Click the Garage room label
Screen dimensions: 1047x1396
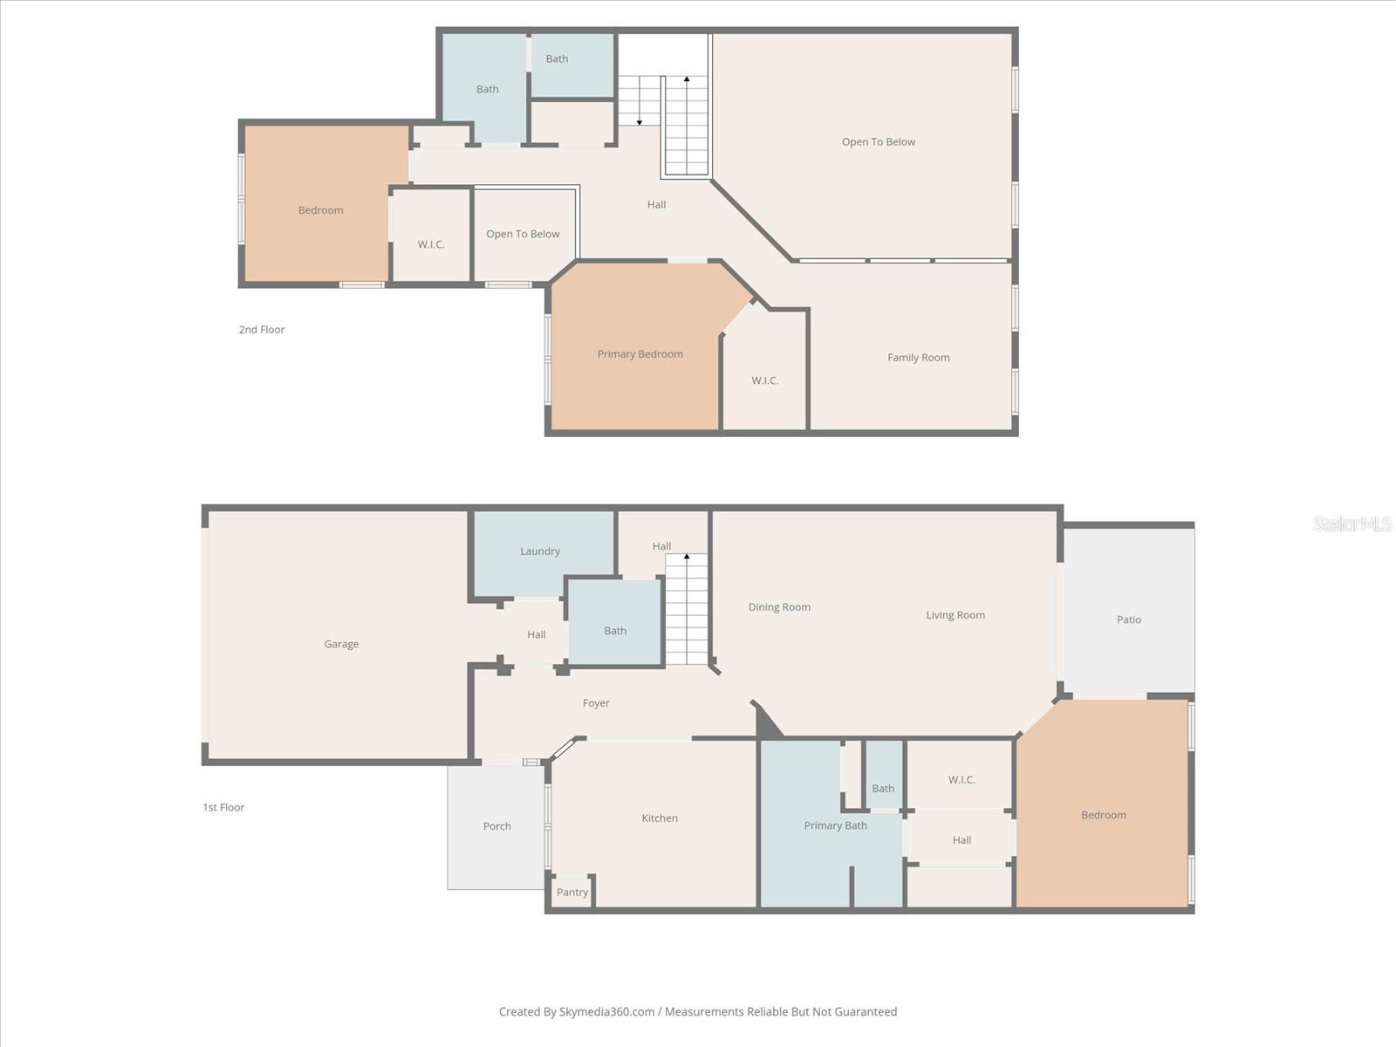click(341, 644)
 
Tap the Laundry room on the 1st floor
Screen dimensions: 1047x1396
click(540, 551)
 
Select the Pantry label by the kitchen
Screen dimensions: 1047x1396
click(572, 892)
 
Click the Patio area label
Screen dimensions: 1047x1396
click(1128, 619)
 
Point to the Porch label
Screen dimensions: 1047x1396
click(496, 825)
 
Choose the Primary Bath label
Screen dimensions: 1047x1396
click(835, 825)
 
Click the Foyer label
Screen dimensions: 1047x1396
click(596, 702)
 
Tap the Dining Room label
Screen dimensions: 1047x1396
click(779, 607)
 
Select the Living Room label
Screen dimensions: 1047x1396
click(955, 615)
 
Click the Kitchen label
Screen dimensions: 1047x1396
click(660, 818)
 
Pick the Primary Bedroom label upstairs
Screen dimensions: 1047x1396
click(640, 353)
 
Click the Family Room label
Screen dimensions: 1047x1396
click(918, 357)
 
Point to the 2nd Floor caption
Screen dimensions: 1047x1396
click(262, 329)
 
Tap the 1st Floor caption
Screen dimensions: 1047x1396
click(223, 807)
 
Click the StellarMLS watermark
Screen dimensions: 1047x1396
click(1352, 523)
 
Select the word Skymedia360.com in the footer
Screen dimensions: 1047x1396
click(606, 1011)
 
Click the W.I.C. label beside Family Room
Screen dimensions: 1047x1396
click(765, 380)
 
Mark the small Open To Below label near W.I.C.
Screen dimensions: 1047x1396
click(523, 234)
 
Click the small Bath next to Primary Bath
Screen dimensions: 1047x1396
click(883, 788)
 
